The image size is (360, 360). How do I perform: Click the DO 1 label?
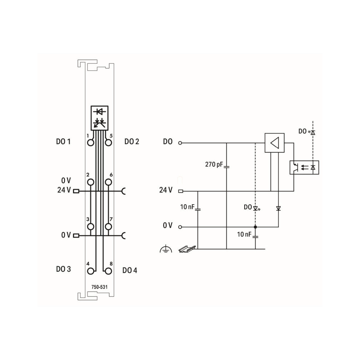click(x=63, y=142)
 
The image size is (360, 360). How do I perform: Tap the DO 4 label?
click(x=130, y=270)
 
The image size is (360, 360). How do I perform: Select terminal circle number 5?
click(x=108, y=143)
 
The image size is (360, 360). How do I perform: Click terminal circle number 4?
click(x=91, y=271)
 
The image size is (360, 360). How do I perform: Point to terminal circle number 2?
click(x=91, y=182)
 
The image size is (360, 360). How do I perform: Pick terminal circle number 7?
click(x=108, y=227)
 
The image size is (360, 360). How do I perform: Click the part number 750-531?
click(x=99, y=287)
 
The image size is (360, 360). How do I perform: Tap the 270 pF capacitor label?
click(x=214, y=164)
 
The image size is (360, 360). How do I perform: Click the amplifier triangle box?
click(x=274, y=143)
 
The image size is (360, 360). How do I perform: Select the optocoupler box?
click(x=304, y=168)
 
